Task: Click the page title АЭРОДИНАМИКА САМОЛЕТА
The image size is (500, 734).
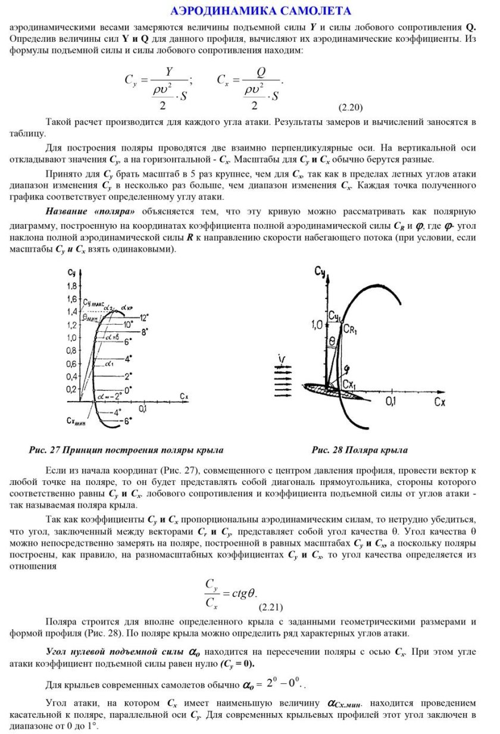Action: [x=260, y=11]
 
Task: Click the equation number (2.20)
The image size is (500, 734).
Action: [x=351, y=107]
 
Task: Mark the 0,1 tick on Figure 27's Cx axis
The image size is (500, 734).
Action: [x=143, y=409]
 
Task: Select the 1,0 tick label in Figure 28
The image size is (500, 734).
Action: [x=316, y=325]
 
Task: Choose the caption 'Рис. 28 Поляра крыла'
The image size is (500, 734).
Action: [x=360, y=450]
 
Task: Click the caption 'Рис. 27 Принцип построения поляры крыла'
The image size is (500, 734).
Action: [x=126, y=450]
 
